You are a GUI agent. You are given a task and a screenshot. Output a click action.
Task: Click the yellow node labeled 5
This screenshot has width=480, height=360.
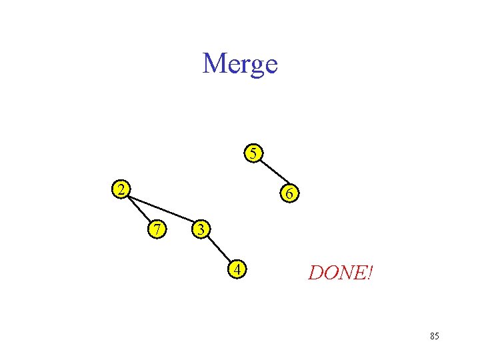click(252, 153)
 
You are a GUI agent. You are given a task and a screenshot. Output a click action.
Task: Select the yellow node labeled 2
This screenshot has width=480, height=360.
click(120, 189)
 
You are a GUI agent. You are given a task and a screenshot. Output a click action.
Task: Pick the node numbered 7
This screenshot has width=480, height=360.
click(157, 229)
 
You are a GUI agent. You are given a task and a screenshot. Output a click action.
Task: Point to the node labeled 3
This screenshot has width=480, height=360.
click(200, 229)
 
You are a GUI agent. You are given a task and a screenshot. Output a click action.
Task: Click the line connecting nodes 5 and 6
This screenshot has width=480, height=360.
click(271, 173)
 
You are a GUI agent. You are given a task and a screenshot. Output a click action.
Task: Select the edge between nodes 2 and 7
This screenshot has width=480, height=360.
click(139, 209)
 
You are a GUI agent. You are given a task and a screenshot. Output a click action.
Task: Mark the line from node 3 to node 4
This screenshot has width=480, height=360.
click(219, 249)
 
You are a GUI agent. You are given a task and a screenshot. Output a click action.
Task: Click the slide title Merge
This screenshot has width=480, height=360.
click(240, 64)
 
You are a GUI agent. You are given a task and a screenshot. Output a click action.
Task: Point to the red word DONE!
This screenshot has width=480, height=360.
click(341, 272)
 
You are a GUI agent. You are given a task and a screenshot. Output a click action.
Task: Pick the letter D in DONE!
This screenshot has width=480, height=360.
click(315, 272)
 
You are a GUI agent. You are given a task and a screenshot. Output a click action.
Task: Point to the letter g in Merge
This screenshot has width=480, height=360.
click(255, 67)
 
